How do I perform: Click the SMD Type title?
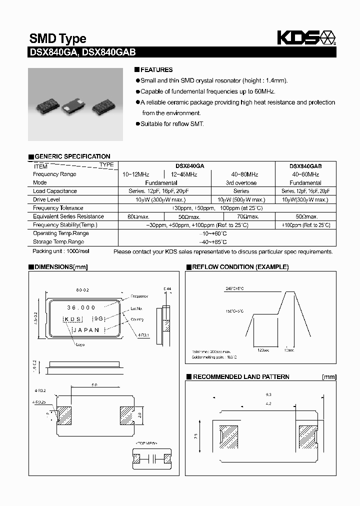coord(57,38)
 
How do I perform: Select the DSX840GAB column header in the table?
coord(305,165)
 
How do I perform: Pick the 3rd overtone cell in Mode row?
coord(241,183)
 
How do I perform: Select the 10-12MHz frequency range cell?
coord(135,174)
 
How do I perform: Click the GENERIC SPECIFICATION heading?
coord(72,156)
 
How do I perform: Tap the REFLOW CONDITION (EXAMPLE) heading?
coord(240,267)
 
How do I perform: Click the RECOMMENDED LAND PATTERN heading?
coord(241,376)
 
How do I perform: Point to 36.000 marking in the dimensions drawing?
coord(81,308)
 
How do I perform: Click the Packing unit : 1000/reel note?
coord(61,251)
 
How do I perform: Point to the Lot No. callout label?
coord(136,309)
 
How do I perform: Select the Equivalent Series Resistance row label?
coord(68,216)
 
